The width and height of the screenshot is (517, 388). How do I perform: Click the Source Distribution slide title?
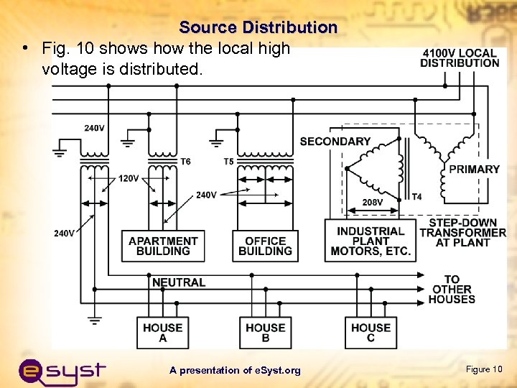click(258, 27)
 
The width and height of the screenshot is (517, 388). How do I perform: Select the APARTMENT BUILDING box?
click(163, 246)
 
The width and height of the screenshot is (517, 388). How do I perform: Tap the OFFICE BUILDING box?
click(265, 246)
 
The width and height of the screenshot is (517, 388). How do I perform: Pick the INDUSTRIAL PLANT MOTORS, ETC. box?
click(371, 241)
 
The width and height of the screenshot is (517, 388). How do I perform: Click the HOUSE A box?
click(163, 333)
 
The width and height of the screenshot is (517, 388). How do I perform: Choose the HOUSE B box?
click(265, 333)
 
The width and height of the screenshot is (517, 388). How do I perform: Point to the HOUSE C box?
click(371, 333)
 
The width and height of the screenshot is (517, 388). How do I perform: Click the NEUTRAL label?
click(179, 282)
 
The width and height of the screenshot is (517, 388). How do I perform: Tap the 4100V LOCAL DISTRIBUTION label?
click(460, 57)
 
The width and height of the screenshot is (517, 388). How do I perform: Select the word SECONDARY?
click(335, 142)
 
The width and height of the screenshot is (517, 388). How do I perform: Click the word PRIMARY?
click(474, 170)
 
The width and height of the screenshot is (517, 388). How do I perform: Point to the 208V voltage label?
click(372, 203)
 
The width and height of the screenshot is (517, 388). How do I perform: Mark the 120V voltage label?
click(129, 177)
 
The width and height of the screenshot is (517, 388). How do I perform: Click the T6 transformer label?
click(185, 162)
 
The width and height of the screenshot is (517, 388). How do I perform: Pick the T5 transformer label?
click(228, 162)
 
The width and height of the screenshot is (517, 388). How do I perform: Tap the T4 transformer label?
click(416, 197)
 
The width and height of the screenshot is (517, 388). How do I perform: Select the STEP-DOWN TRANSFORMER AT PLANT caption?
click(462, 233)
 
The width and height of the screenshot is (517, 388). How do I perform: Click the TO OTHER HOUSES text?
click(452, 289)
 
